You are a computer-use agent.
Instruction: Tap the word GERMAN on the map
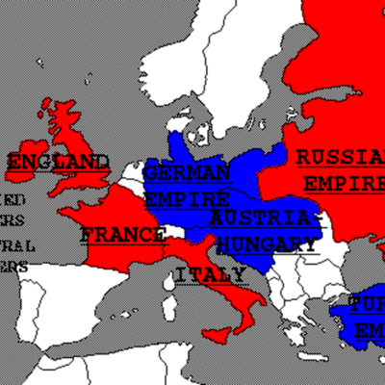(x=188, y=173)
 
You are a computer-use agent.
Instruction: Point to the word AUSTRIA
(x=262, y=219)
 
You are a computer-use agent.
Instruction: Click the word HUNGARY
(x=266, y=244)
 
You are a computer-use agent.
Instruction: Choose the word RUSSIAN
(x=339, y=157)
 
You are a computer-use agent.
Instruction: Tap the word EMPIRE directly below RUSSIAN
(x=343, y=182)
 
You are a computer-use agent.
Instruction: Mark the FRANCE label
(x=122, y=234)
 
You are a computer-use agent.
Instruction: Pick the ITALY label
(x=210, y=275)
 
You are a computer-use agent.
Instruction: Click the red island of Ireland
(x=49, y=109)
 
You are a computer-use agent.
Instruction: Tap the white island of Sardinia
(x=171, y=306)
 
